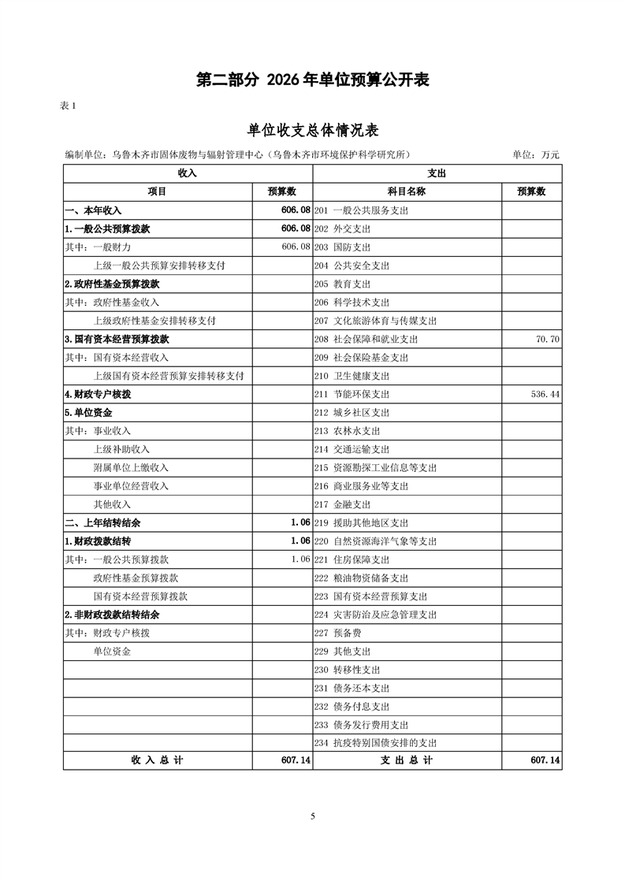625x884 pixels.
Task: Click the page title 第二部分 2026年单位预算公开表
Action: click(313, 80)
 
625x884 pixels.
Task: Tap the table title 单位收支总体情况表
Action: click(313, 131)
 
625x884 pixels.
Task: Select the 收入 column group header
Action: click(188, 173)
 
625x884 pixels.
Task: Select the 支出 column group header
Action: click(437, 173)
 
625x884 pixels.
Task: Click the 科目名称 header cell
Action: click(406, 191)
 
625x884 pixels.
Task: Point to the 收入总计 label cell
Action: click(157, 760)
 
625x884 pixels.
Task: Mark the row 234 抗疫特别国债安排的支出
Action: click(375, 743)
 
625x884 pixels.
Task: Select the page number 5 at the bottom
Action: click(313, 816)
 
